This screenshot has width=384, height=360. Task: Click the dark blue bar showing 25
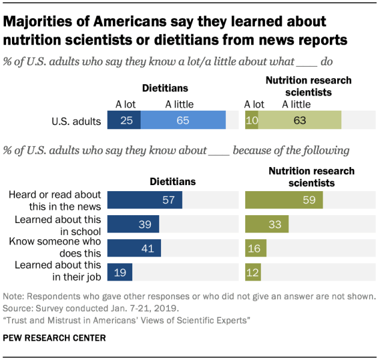[x=124, y=120]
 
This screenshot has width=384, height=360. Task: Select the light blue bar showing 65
[x=183, y=120]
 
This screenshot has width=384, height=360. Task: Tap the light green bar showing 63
[x=299, y=120]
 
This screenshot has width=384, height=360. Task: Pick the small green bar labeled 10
[x=252, y=120]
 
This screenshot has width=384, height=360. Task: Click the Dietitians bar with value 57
[x=145, y=200]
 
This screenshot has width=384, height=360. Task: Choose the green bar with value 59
[x=284, y=200]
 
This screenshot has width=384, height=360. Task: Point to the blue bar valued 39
[x=133, y=224]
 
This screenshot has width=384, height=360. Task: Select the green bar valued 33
[x=267, y=224]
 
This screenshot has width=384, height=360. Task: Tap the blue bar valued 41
[x=134, y=248]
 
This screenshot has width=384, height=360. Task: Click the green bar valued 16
[x=256, y=248]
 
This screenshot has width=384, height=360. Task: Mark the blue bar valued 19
[x=120, y=272]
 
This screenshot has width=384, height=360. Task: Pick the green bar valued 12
[x=253, y=272]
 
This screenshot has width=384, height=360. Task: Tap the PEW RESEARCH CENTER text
[x=54, y=338]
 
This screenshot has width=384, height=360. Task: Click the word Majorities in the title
[x=43, y=22]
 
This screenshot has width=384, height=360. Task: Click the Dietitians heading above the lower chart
[x=172, y=182]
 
